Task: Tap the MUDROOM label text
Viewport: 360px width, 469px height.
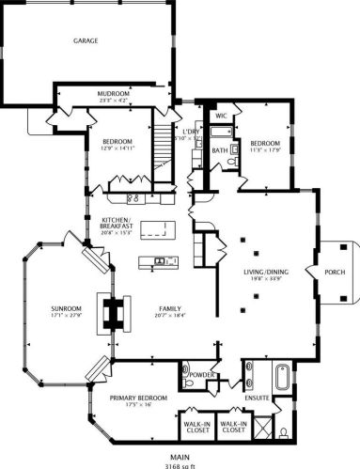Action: point(114,94)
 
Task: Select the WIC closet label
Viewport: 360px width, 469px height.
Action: point(221,116)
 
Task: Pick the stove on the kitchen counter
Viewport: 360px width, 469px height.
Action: point(132,198)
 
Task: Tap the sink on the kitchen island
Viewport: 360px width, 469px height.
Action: point(158,260)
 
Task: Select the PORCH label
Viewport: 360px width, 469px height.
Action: point(335,274)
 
